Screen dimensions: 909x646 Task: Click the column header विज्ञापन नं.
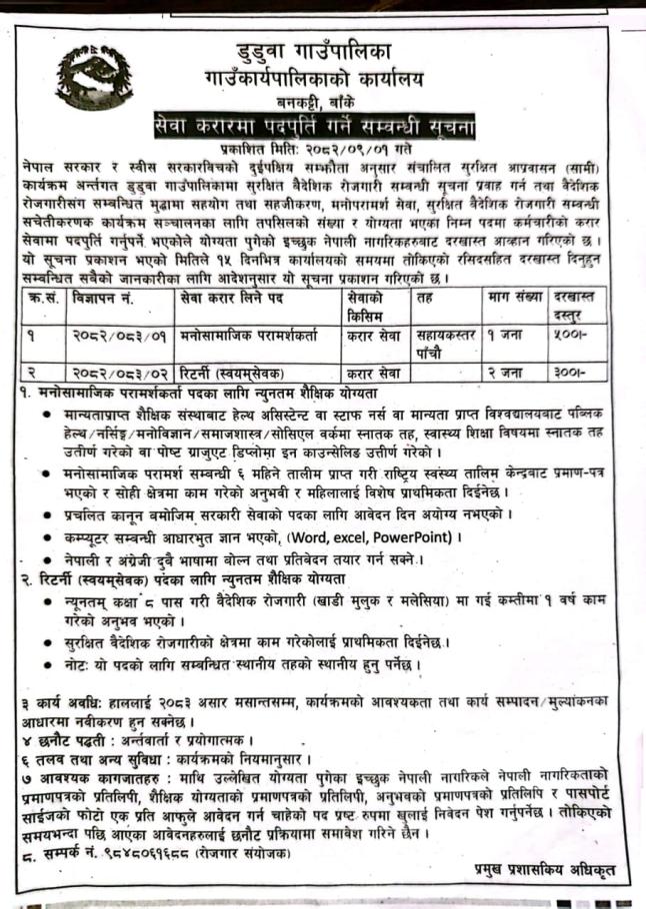(102, 297)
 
